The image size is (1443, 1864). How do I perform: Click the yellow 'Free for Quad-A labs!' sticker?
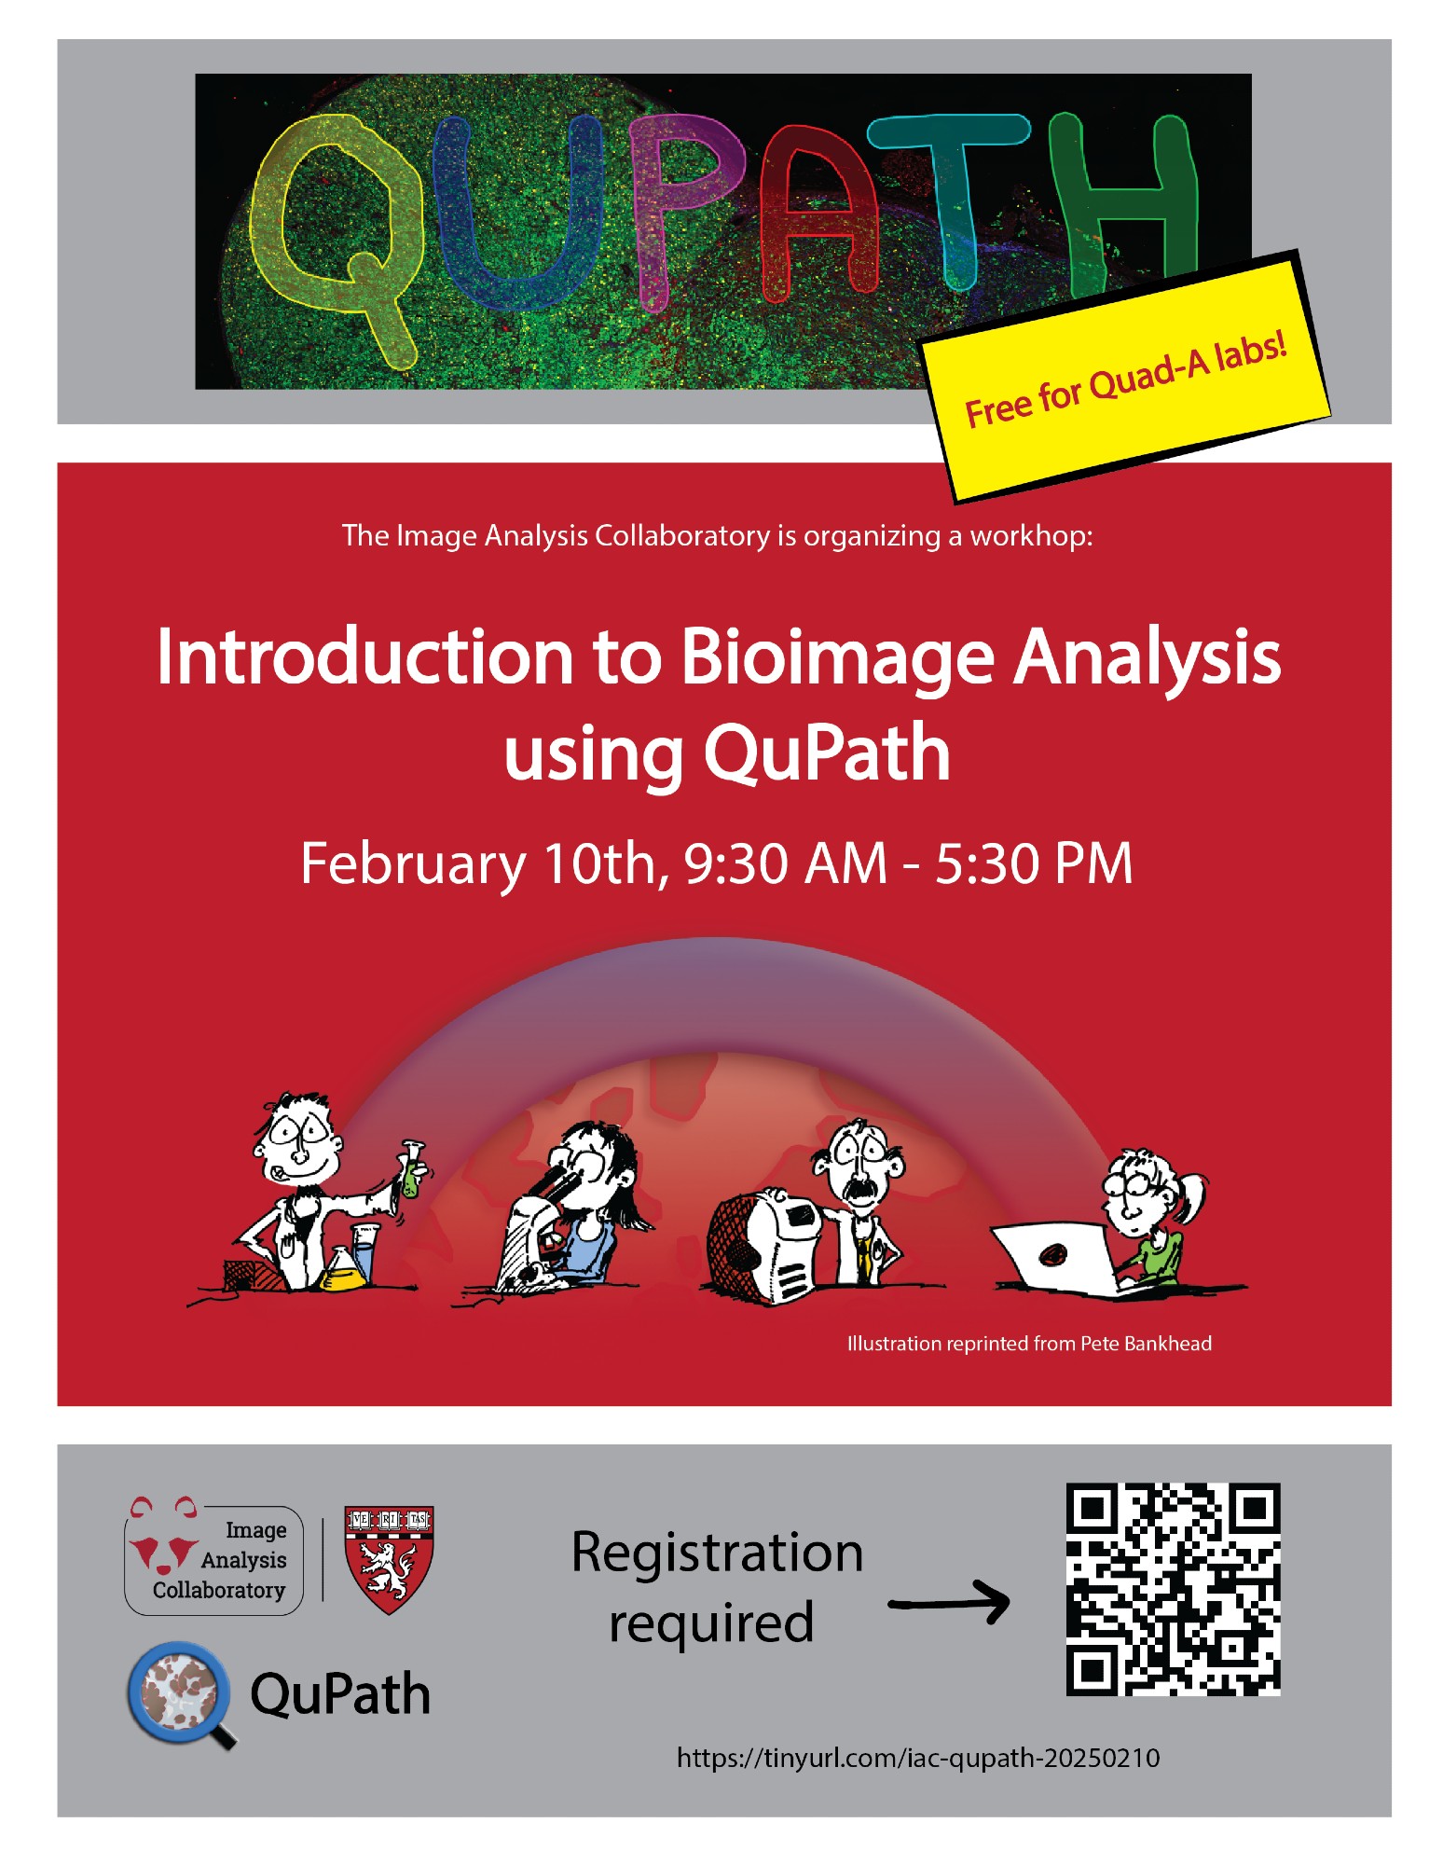point(1126,378)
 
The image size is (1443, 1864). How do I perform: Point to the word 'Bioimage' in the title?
point(838,657)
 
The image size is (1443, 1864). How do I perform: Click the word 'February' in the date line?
point(413,864)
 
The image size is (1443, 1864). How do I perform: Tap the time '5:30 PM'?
point(1034,863)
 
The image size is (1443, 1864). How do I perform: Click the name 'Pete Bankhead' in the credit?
point(1146,1344)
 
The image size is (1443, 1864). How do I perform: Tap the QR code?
point(1173,1589)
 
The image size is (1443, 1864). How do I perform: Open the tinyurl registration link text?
point(918,1759)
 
